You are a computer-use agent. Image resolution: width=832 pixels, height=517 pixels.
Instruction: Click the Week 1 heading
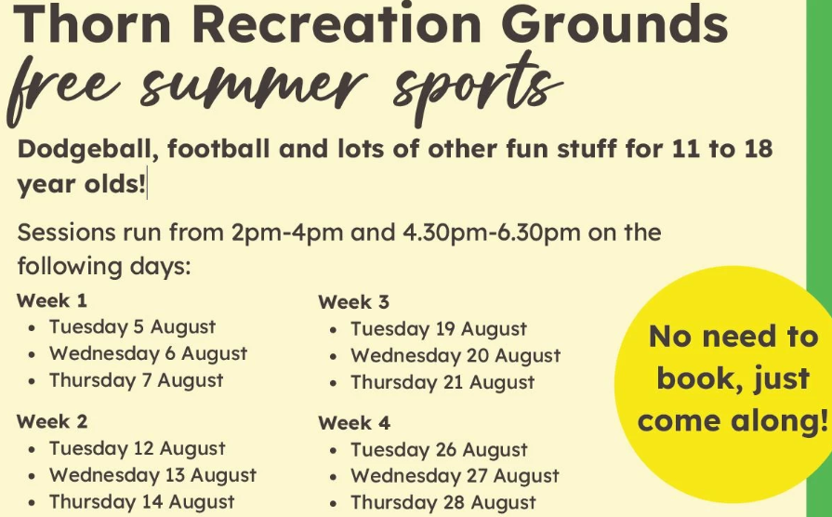(52, 301)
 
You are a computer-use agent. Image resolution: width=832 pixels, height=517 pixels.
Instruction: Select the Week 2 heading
(53, 421)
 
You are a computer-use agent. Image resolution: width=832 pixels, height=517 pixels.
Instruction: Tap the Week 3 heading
(354, 302)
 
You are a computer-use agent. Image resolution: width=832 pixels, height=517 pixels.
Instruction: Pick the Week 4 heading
(354, 423)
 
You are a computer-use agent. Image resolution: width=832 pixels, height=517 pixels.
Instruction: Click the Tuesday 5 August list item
(132, 327)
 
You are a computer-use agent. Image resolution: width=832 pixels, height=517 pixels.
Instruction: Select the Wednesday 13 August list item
(152, 475)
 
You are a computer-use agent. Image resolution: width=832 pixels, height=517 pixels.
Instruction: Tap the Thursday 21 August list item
(442, 382)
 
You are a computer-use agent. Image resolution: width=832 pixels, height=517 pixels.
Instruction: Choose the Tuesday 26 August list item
(439, 450)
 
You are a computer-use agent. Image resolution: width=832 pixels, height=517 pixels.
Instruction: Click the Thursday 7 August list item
(136, 380)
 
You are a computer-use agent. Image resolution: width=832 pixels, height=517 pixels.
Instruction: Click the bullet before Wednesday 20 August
(335, 357)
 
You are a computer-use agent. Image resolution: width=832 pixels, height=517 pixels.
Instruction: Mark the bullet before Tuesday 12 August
(33, 449)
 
